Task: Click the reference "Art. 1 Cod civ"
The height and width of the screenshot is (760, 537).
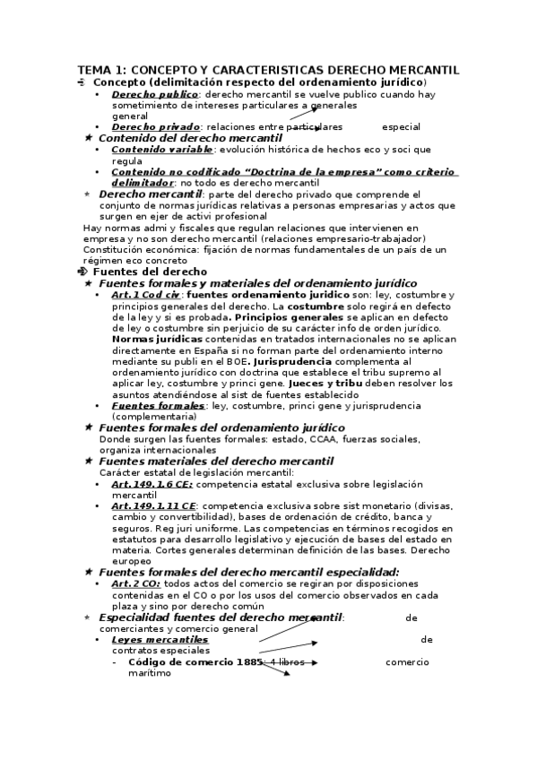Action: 146,295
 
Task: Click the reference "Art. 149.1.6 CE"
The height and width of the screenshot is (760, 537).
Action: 152,484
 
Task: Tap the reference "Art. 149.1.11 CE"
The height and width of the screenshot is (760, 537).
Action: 154,506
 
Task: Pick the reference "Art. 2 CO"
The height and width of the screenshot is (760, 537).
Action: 136,584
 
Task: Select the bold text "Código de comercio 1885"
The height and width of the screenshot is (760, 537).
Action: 195,662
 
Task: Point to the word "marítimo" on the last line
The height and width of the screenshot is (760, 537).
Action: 149,673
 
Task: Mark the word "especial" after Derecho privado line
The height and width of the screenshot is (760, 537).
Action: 400,127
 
